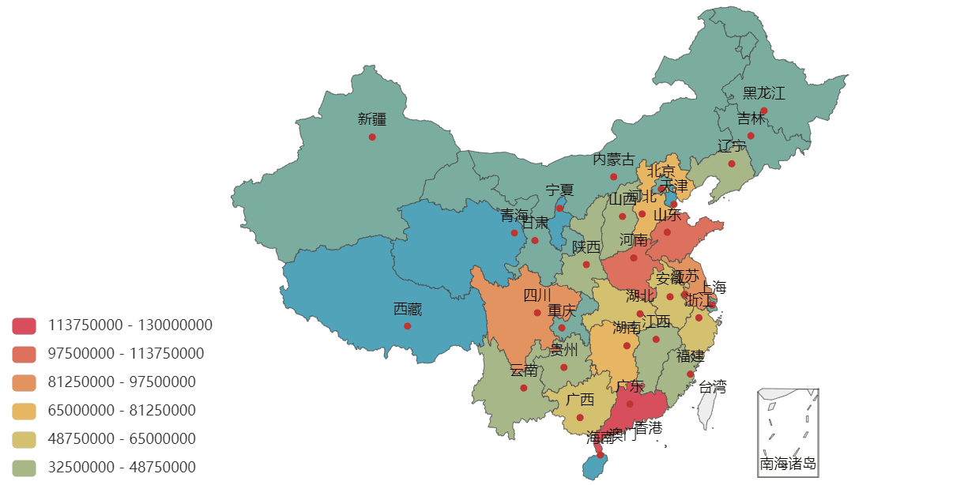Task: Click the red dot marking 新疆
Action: pyautogui.click(x=372, y=137)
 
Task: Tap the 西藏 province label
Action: pyautogui.click(x=407, y=310)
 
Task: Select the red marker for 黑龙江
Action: pyautogui.click(x=763, y=111)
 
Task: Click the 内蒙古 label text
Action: pyautogui.click(x=613, y=160)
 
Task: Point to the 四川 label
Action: pyautogui.click(x=537, y=295)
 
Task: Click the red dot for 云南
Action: pyautogui.click(x=523, y=388)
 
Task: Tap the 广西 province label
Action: pyautogui.click(x=580, y=400)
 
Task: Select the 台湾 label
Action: pyautogui.click(x=712, y=386)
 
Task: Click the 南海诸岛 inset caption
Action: pyautogui.click(x=787, y=464)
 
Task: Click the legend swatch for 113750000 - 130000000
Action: pyautogui.click(x=24, y=325)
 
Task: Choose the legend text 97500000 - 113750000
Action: pyautogui.click(x=126, y=354)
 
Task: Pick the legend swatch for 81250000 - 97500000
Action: pyautogui.click(x=24, y=382)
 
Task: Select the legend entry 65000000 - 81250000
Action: pyautogui.click(x=122, y=411)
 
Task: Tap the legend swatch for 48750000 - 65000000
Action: pyautogui.click(x=24, y=439)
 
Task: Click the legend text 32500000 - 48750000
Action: pyautogui.click(x=122, y=468)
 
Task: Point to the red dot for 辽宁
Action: pyautogui.click(x=732, y=164)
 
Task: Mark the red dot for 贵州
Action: pyautogui.click(x=563, y=367)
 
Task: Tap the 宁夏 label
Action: pyautogui.click(x=559, y=190)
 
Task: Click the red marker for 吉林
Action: pyautogui.click(x=751, y=136)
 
